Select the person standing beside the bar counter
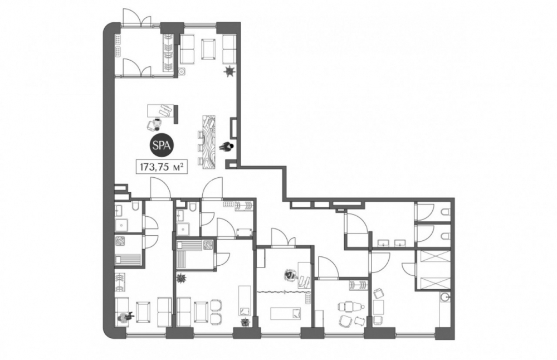[227, 147]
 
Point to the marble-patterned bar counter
[208, 142]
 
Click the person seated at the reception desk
[155, 124]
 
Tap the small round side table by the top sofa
[182, 72]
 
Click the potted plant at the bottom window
[245, 323]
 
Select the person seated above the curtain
[291, 274]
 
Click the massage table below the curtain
[286, 313]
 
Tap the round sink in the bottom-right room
[444, 296]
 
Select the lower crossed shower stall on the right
[432, 283]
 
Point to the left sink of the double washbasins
[383, 243]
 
